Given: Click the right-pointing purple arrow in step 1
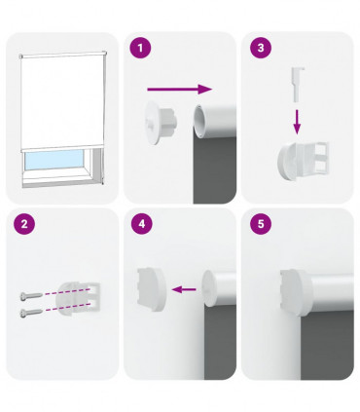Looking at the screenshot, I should (x=185, y=90).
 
